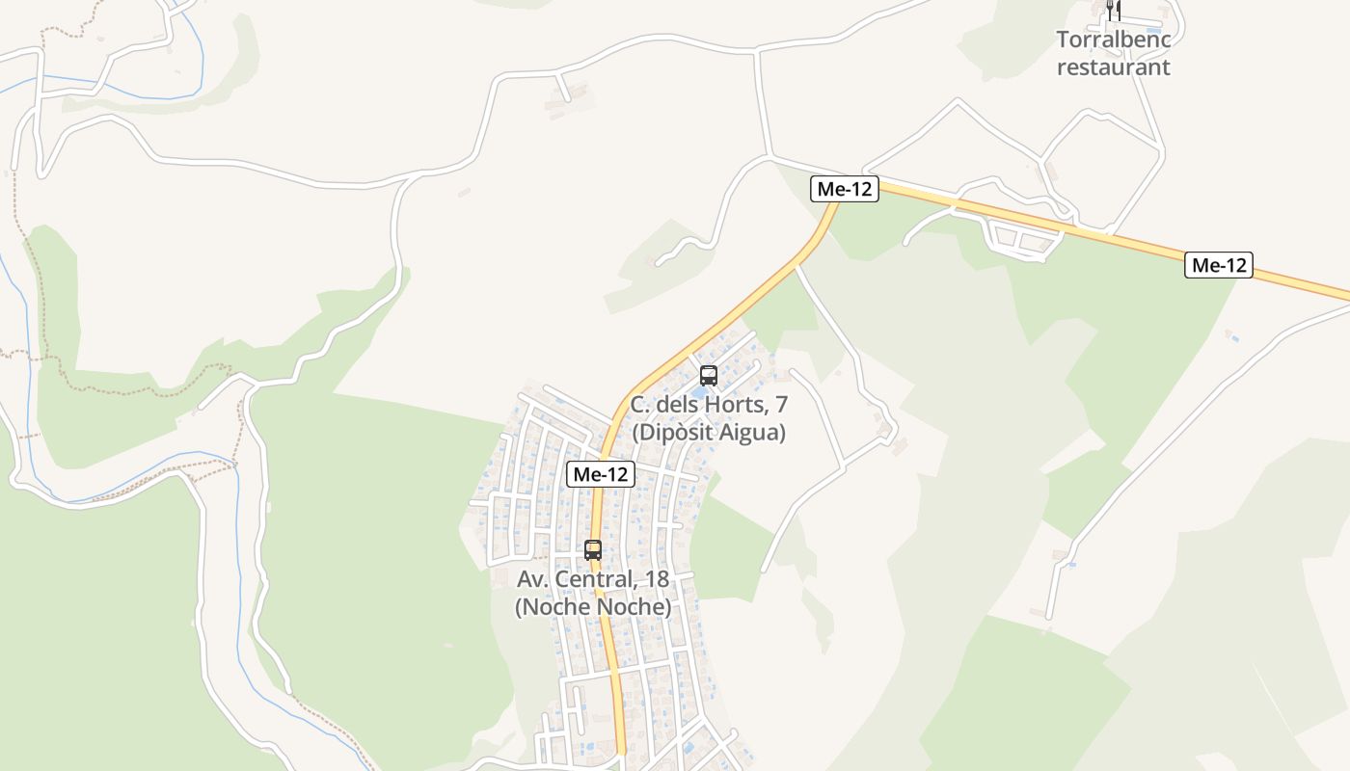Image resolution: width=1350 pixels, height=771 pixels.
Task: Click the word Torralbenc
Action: (1114, 40)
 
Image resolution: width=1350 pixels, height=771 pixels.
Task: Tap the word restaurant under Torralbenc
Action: (1114, 66)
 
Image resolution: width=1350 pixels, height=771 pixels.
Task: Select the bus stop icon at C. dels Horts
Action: (709, 376)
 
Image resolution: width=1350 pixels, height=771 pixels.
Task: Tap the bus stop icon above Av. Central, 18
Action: (593, 550)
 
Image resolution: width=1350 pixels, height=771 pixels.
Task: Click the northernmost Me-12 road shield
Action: (844, 189)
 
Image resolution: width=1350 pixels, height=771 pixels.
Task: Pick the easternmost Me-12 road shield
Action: (1219, 265)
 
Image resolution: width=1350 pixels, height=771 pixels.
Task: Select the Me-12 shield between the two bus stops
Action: (600, 474)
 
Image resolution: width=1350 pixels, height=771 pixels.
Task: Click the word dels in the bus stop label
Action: (680, 405)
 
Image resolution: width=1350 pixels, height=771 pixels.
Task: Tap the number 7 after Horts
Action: (781, 405)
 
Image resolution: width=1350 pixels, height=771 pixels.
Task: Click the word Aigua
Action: (753, 433)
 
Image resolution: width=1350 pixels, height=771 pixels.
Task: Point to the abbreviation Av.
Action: (532, 580)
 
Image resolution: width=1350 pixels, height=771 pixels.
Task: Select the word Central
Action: (592, 580)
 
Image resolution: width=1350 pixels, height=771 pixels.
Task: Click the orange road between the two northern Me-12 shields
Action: (1032, 223)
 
